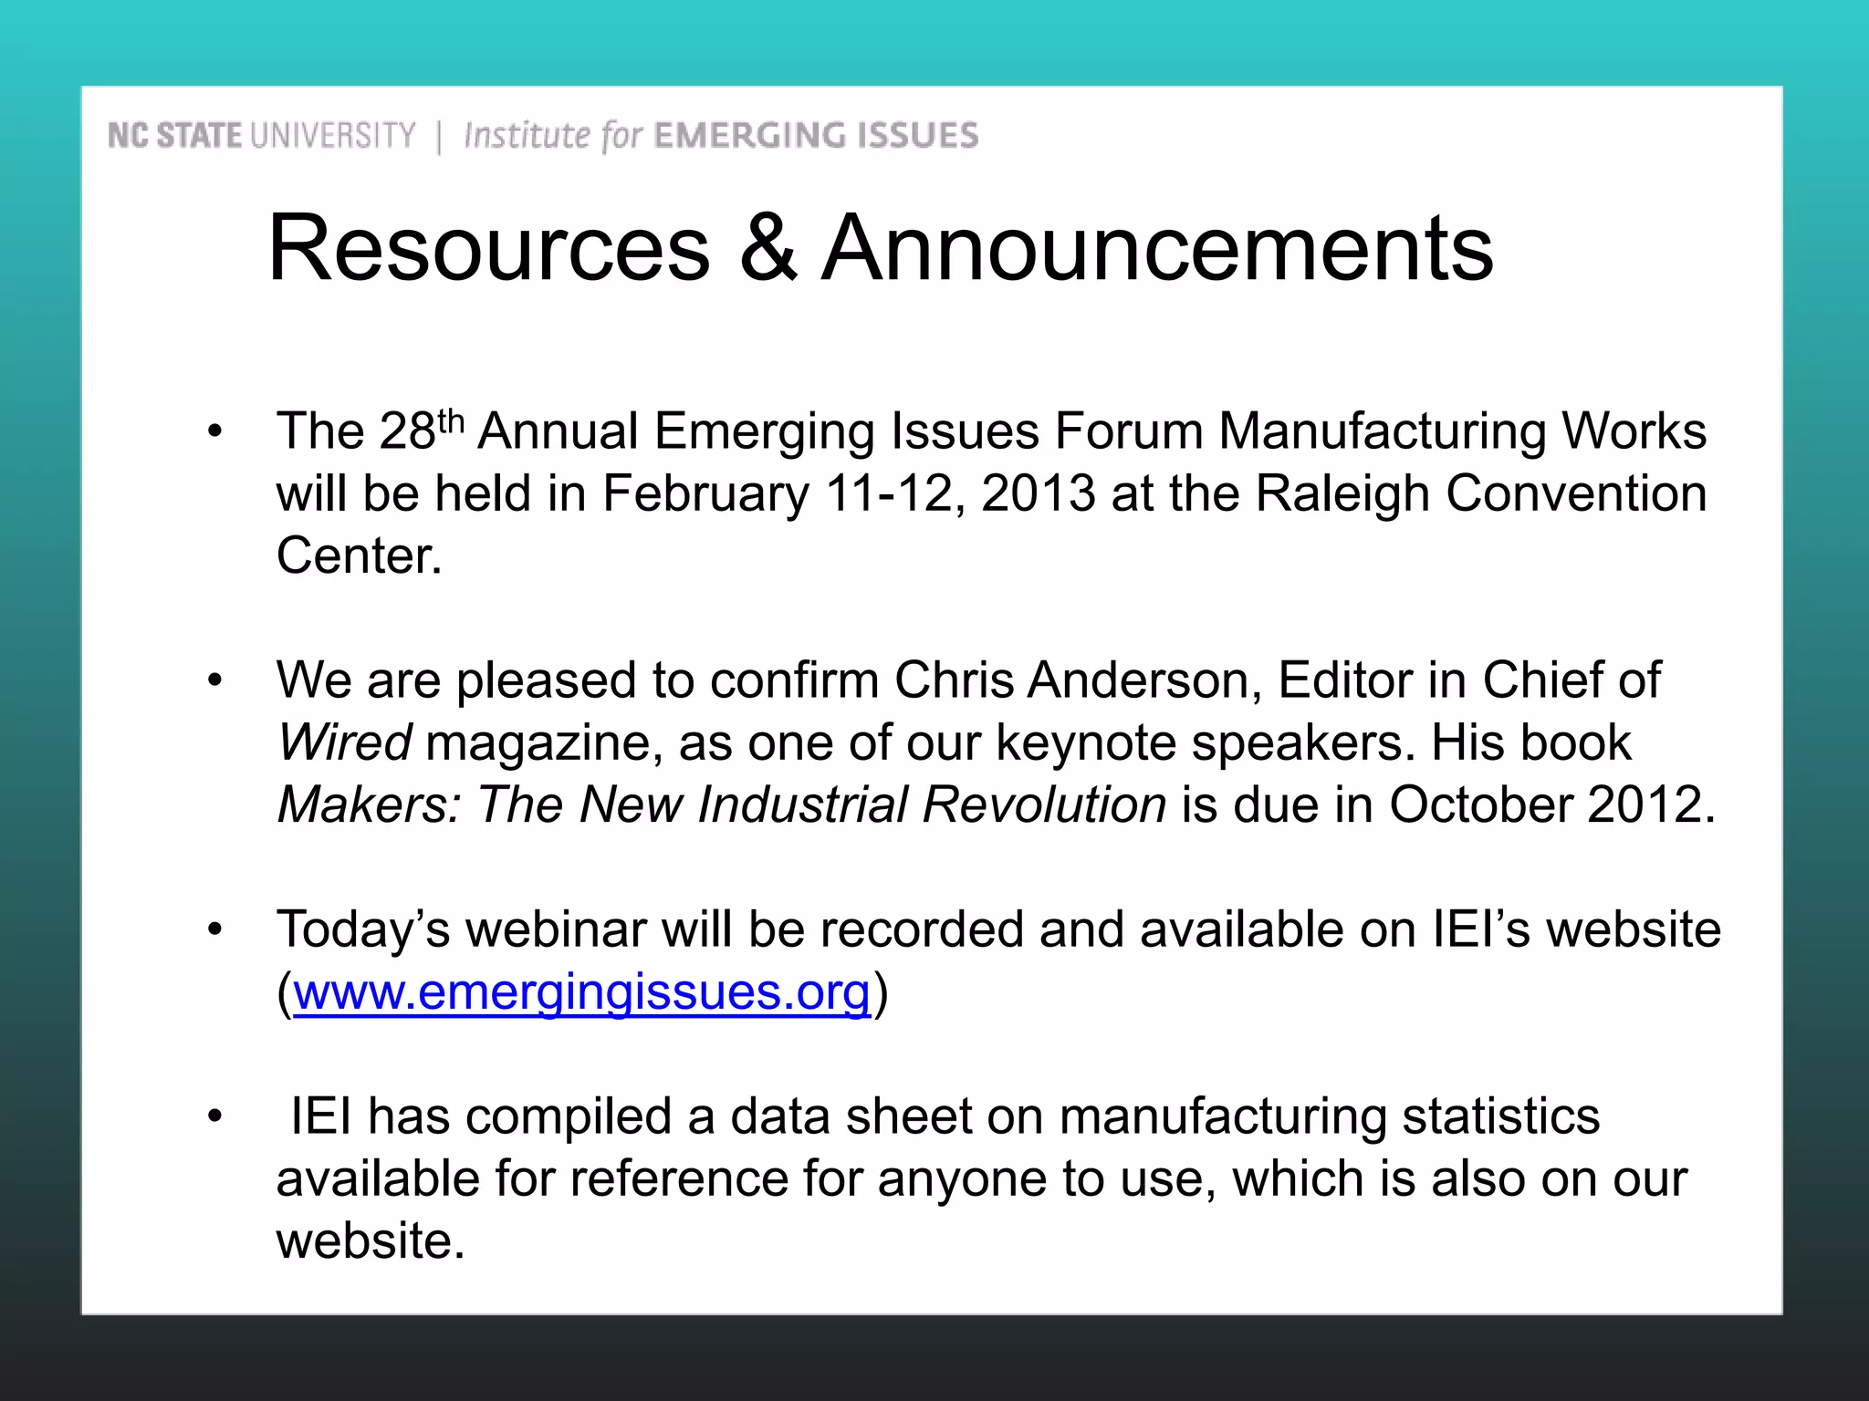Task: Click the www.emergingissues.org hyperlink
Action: click(x=581, y=991)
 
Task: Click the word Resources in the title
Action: click(x=488, y=248)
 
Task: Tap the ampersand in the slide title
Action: click(x=767, y=248)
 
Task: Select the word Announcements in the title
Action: click(x=1157, y=248)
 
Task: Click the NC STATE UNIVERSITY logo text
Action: click(x=261, y=136)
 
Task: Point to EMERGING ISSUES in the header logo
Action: click(x=816, y=136)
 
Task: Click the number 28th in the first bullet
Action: click(x=421, y=430)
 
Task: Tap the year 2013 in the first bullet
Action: click(x=1038, y=493)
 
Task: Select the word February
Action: click(x=705, y=493)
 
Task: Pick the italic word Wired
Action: click(x=344, y=742)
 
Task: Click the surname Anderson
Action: click(x=1144, y=680)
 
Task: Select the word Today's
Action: click(x=363, y=929)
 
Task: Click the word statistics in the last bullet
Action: click(x=1500, y=1116)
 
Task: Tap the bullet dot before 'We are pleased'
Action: click(x=214, y=680)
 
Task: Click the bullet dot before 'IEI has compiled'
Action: click(x=214, y=1116)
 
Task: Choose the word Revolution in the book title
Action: click(x=1043, y=804)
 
